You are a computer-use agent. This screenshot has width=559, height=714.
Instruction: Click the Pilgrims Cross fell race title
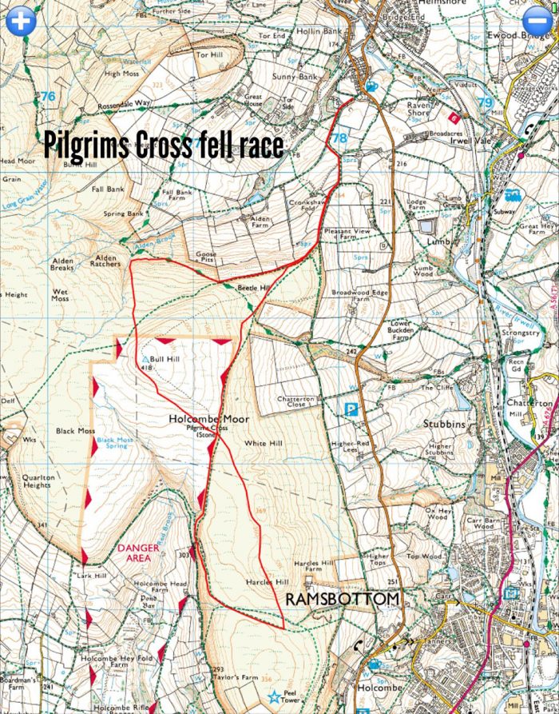163,146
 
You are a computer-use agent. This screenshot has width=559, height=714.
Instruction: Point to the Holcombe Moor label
209,418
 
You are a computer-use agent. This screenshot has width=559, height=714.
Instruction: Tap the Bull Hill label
165,360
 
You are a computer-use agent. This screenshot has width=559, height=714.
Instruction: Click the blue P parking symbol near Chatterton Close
349,409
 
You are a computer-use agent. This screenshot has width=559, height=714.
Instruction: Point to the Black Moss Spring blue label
113,442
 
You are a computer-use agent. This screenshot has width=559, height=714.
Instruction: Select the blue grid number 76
49,96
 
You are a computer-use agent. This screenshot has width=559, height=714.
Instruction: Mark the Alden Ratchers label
106,262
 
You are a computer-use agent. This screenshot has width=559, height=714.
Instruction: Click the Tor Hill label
209,55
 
